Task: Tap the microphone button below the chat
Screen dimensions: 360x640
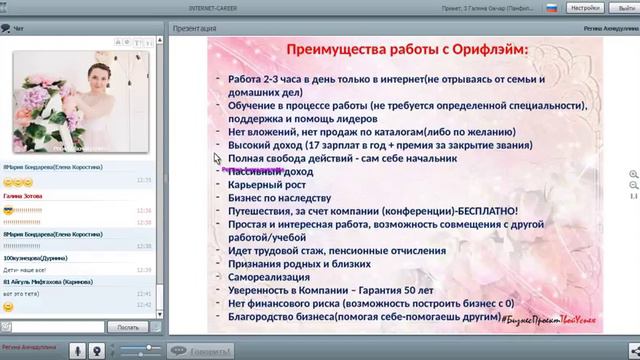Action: (x=98, y=350)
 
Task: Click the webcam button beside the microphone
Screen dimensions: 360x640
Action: (x=76, y=350)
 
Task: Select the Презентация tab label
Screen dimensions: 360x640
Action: (x=194, y=29)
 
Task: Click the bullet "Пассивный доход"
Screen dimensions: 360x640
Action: (x=269, y=171)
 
